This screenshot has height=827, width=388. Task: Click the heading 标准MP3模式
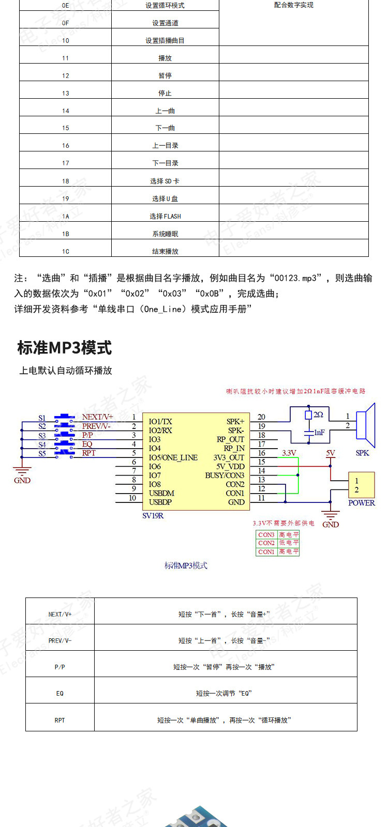65,348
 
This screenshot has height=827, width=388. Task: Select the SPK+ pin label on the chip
235,422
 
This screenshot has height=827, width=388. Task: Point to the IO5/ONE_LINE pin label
173,457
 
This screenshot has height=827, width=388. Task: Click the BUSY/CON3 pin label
225,475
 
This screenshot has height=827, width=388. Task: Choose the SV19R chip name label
153,515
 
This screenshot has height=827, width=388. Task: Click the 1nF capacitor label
319,432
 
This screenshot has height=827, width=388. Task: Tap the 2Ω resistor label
318,415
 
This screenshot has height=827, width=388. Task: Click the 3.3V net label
289,453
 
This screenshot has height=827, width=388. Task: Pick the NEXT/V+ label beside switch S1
97,417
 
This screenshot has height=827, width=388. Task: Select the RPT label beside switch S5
89,453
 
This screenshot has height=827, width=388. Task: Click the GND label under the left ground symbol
22,480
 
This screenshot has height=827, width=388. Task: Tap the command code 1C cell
66,251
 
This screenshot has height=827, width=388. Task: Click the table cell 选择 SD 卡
165,181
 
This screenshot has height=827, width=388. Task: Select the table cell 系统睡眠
165,234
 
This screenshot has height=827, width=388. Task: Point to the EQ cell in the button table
60,693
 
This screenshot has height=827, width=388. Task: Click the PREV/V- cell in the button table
60,640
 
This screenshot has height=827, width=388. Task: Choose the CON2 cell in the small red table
266,543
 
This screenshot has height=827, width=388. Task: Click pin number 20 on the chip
261,417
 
